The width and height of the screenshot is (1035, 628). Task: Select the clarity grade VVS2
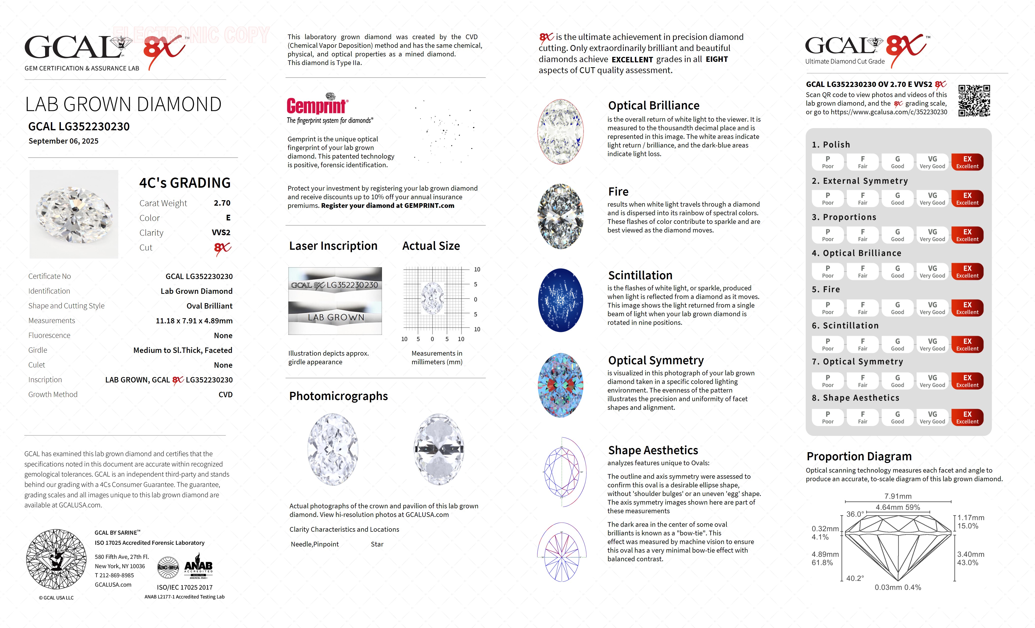point(221,232)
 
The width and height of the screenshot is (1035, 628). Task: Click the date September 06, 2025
point(63,141)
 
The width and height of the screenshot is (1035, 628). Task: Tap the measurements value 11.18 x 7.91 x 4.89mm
point(194,321)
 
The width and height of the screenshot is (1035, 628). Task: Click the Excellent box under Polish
point(967,162)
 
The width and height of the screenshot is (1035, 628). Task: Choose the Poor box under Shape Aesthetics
point(828,417)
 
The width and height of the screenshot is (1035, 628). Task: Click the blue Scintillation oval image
point(560,300)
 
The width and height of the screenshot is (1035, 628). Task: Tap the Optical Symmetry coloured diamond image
point(560,385)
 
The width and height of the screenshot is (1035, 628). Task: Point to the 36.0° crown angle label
point(855,514)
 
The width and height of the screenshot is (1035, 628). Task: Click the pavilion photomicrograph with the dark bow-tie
point(439,449)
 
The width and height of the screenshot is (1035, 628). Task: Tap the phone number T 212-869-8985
point(114,576)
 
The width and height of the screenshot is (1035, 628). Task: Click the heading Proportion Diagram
point(859,456)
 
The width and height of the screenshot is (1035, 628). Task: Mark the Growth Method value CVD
point(225,395)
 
